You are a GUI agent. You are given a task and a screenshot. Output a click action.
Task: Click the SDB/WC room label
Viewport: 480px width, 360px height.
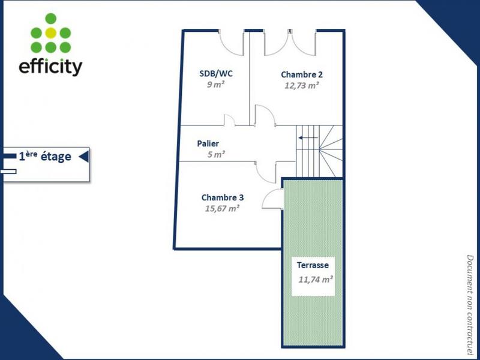(216, 74)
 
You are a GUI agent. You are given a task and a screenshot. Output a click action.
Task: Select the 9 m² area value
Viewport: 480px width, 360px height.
(216, 85)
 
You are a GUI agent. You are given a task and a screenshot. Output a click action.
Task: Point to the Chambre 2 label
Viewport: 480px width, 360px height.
(302, 74)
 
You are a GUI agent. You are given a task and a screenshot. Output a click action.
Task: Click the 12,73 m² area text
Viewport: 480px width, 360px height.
(302, 85)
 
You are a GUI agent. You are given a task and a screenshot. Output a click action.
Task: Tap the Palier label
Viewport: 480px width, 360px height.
(208, 144)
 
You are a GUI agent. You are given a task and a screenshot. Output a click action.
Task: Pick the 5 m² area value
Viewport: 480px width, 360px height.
(216, 154)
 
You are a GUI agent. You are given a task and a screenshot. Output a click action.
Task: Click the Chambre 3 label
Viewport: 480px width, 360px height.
(222, 197)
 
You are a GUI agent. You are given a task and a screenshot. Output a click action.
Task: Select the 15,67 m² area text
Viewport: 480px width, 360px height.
(223, 208)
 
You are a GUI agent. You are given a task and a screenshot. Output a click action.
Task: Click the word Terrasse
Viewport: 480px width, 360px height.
(313, 265)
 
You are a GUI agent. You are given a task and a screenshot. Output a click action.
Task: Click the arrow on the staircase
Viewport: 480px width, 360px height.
(308, 137)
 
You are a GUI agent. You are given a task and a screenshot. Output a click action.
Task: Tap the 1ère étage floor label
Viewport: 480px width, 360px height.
(45, 157)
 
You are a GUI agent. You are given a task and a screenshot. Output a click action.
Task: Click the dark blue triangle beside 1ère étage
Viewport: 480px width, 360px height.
(84, 157)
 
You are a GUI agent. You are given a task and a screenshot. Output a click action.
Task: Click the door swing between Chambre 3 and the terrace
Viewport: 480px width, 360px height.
(274, 199)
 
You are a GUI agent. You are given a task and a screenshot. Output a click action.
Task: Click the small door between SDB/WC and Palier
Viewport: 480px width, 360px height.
(229, 120)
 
